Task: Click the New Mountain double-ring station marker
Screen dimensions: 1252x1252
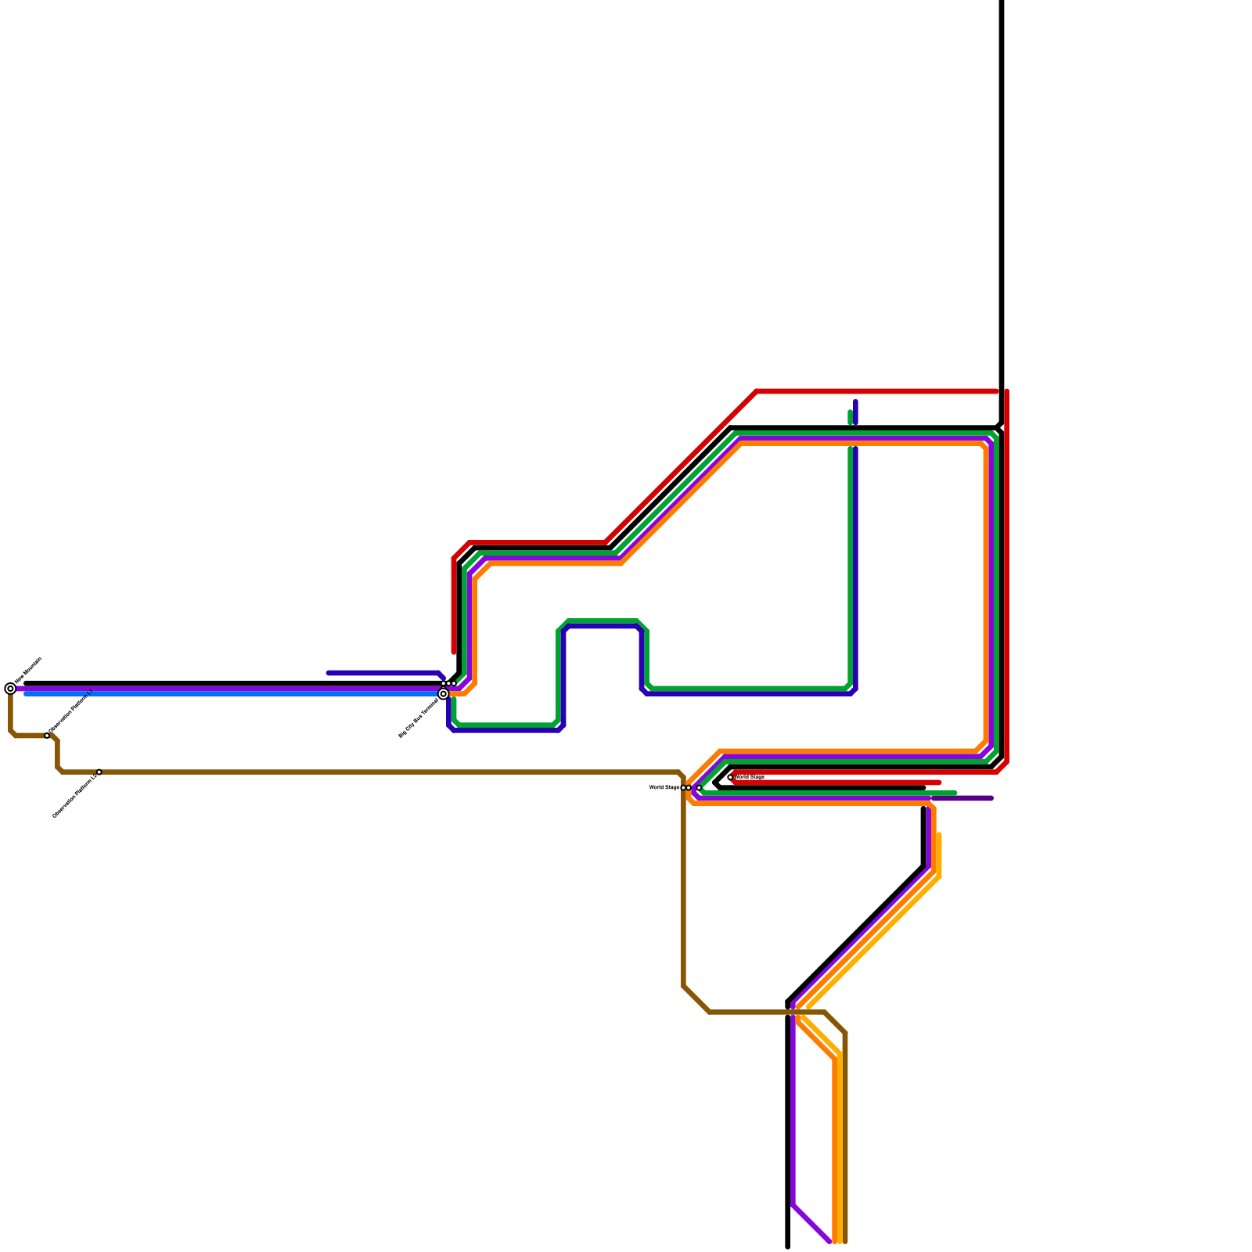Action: pos(10,689)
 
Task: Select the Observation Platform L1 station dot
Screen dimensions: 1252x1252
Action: pos(47,736)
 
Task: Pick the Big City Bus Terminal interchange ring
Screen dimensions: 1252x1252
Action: pos(444,694)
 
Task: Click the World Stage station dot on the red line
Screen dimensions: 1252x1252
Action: pos(730,778)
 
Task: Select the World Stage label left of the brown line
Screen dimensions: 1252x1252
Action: pos(664,788)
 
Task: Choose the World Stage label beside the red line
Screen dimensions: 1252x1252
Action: pos(750,777)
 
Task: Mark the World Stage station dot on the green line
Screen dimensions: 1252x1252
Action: pos(699,788)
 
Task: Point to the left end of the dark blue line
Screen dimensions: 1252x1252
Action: pos(329,673)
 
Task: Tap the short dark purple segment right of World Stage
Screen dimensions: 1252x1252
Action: pos(970,798)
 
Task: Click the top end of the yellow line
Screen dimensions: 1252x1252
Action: pos(939,836)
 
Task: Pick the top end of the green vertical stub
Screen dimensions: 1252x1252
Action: pos(851,412)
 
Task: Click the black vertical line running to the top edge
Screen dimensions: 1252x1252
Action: pos(1002,196)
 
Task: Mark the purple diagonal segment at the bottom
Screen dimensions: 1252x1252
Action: pos(811,1223)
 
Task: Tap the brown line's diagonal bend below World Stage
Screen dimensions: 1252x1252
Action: pos(696,999)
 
